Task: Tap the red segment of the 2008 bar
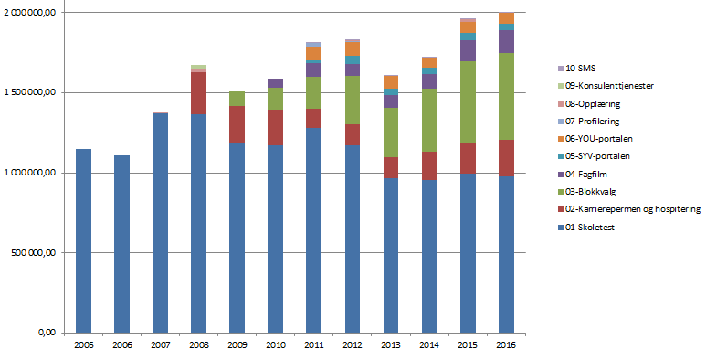[198, 93]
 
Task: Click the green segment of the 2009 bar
[237, 99]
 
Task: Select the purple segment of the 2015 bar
[467, 51]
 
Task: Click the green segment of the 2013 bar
[390, 132]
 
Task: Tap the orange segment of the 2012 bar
[352, 48]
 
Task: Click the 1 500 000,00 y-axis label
[32, 92]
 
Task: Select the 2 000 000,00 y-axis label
[32, 12]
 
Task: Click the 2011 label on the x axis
[313, 346]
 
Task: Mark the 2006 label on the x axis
[121, 346]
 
